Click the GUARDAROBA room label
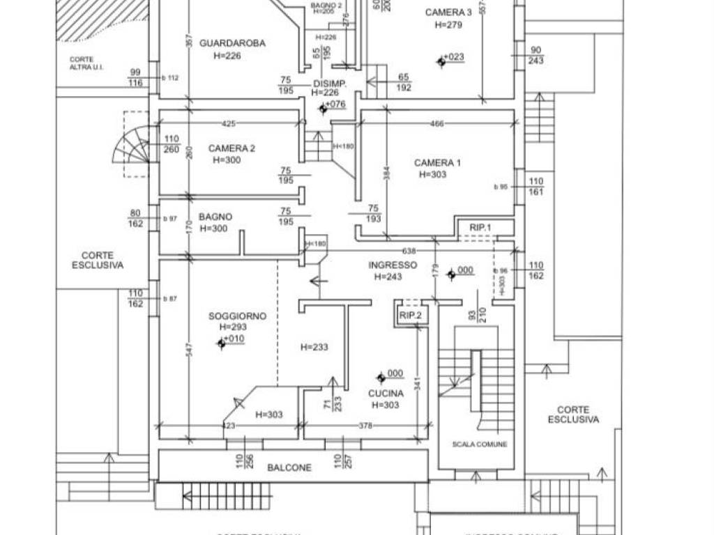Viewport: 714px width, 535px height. click(232, 43)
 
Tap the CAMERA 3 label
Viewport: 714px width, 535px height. click(448, 13)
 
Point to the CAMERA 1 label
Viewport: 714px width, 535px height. click(437, 163)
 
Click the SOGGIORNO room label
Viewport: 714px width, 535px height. click(237, 316)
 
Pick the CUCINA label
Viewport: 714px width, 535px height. click(386, 394)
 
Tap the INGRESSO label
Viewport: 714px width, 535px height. click(393, 265)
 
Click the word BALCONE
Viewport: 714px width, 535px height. click(289, 468)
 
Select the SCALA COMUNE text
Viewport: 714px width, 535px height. click(479, 444)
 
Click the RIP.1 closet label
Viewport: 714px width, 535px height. click(480, 228)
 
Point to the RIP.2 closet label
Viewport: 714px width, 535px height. click(411, 316)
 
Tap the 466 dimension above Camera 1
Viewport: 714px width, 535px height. click(436, 124)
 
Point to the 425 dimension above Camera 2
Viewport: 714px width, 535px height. click(228, 124)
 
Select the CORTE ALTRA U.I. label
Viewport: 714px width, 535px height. click(82, 63)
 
